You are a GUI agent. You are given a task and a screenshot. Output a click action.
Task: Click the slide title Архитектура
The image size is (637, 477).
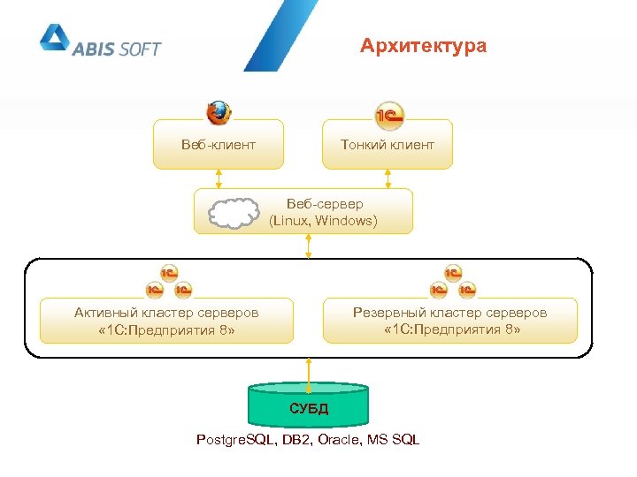click(423, 46)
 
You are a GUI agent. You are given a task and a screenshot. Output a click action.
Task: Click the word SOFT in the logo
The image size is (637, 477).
click(137, 49)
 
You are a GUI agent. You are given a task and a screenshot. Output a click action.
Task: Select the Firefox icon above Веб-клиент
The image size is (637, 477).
click(219, 113)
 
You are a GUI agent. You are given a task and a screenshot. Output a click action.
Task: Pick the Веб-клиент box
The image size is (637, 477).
click(219, 144)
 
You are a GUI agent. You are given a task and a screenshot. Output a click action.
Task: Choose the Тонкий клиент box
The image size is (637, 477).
click(388, 144)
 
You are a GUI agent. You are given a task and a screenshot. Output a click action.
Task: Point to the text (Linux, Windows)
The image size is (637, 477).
click(323, 221)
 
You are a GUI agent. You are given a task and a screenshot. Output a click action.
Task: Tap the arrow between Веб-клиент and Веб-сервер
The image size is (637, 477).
click(219, 178)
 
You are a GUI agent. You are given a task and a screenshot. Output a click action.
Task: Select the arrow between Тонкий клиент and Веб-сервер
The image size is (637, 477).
click(388, 178)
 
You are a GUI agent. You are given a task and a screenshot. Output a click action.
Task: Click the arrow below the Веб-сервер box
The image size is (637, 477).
click(309, 246)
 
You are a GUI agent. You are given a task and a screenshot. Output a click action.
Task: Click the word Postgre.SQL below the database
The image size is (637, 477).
click(236, 440)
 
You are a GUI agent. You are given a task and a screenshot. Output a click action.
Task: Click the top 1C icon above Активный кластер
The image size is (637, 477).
click(168, 273)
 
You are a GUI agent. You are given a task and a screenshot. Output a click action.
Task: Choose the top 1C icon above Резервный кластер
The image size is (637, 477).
click(452, 273)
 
